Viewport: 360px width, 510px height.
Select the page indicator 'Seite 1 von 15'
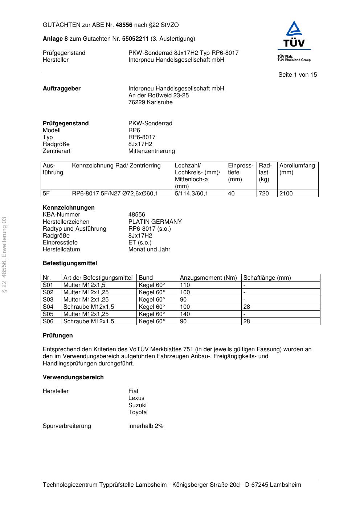pyautogui.click(x=298, y=75)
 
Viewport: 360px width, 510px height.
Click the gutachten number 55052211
pyautogui.click(x=135, y=39)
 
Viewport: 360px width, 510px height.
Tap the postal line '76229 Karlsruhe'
pyautogui.click(x=150, y=102)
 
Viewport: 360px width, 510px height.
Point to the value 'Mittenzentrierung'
pyautogui.click(x=151, y=151)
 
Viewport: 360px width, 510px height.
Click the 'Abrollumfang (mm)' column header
pyautogui.click(x=297, y=169)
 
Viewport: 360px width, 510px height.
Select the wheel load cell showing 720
pyautogui.click(x=264, y=194)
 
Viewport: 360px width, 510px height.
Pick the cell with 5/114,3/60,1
pyautogui.click(x=191, y=194)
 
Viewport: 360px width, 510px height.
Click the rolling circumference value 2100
pyautogui.click(x=286, y=194)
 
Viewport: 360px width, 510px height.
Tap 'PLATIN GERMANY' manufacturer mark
pyautogui.click(x=155, y=222)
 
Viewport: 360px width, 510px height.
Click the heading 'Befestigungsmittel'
pyautogui.click(x=70, y=263)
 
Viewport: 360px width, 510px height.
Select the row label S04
pyautogui.click(x=48, y=307)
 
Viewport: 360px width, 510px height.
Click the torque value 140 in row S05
pyautogui.click(x=185, y=314)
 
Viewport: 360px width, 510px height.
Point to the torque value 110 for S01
pyautogui.click(x=185, y=285)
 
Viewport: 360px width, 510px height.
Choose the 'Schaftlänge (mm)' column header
pyautogui.click(x=267, y=278)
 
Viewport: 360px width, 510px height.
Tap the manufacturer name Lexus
pyautogui.click(x=136, y=398)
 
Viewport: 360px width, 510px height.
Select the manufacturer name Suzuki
pyautogui.click(x=137, y=405)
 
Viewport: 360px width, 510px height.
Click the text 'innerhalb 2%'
pyautogui.click(x=146, y=426)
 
